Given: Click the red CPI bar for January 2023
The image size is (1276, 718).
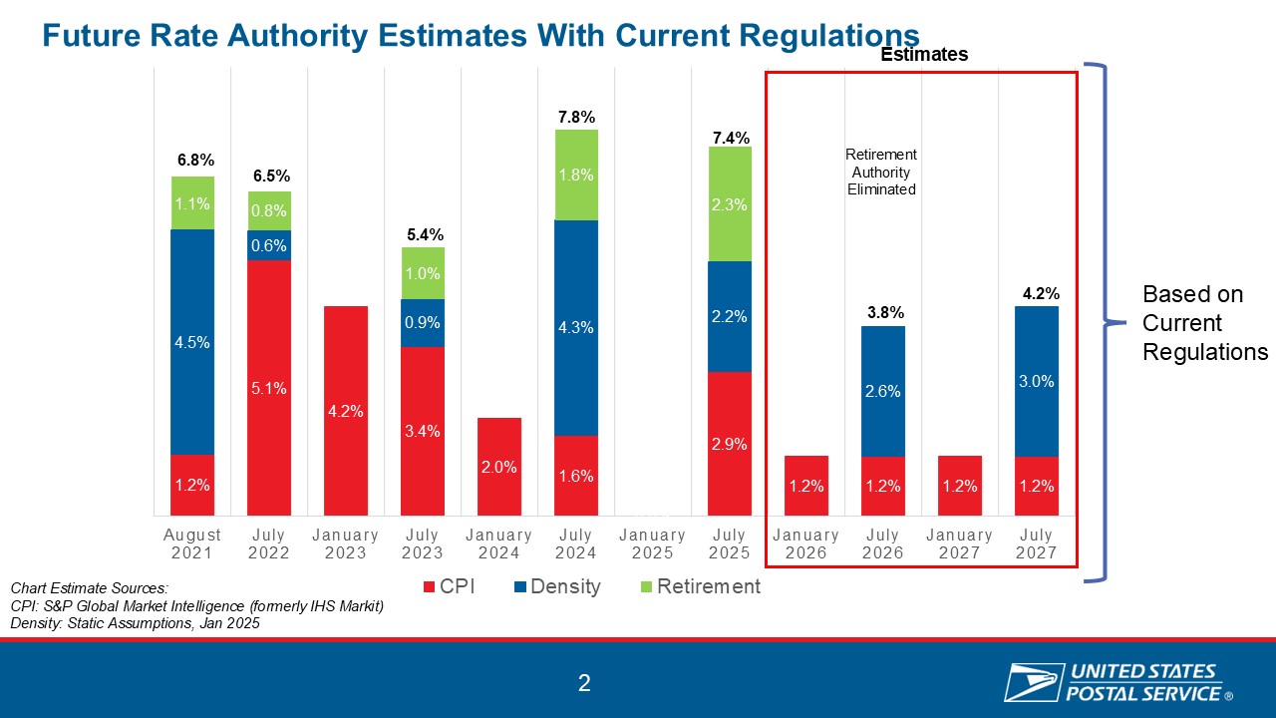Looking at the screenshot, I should [x=346, y=410].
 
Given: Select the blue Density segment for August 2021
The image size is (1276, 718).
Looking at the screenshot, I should [x=192, y=341].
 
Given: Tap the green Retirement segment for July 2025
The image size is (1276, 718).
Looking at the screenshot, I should [x=731, y=203].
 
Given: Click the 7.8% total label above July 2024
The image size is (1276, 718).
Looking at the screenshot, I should [x=577, y=118].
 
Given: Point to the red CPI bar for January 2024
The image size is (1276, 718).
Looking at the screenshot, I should [x=499, y=466].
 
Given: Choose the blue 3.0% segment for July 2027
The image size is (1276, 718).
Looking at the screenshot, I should [x=1037, y=380].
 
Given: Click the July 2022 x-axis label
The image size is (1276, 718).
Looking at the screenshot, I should [x=269, y=544].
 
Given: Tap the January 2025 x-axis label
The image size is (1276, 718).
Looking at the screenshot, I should [x=653, y=544].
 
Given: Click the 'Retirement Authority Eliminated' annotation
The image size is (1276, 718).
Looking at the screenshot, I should [x=881, y=172].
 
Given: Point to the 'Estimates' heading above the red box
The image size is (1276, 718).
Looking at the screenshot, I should [x=924, y=55].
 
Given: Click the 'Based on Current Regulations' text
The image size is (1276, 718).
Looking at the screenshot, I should [x=1204, y=323].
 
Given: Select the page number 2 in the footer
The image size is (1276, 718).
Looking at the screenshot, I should [x=584, y=683].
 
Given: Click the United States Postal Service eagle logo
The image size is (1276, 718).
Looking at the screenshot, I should [x=1032, y=683].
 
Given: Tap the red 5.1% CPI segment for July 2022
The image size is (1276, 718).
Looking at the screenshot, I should [x=269, y=388].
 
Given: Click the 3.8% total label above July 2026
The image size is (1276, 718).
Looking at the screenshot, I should [x=883, y=313].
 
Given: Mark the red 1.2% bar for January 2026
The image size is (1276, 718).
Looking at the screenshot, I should [x=806, y=486].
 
